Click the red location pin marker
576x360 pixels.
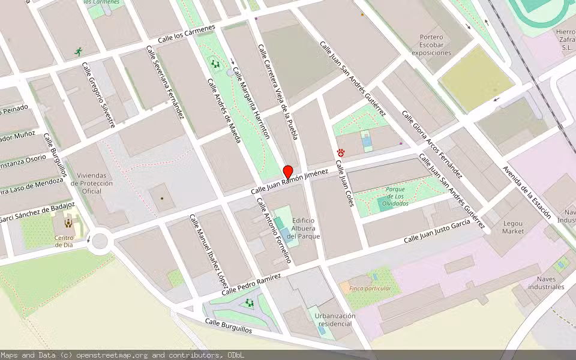(288, 171)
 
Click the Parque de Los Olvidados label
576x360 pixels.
(395, 196)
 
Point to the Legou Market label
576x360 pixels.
(513, 227)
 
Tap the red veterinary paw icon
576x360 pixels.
(341, 153)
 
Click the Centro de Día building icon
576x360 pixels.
(68, 223)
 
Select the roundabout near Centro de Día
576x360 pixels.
(100, 241)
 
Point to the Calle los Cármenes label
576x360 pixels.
(186, 35)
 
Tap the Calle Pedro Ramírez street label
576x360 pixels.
(251, 284)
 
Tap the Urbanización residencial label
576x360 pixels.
(326, 320)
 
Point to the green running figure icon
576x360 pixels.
(78, 52)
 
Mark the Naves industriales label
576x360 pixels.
(546, 283)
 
